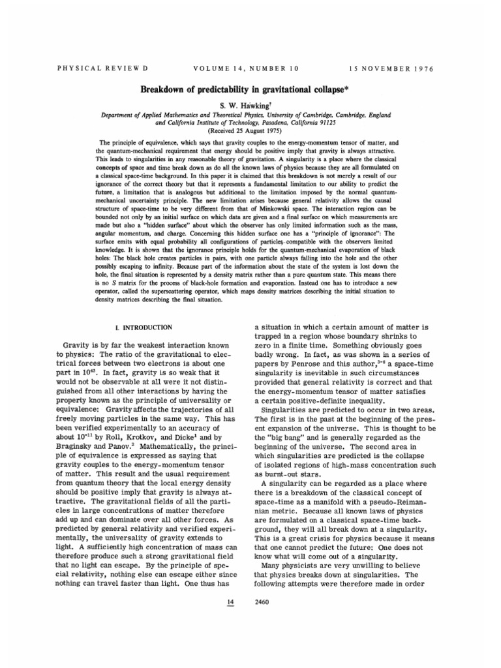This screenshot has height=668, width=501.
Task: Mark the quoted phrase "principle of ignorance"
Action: coord(339,235)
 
